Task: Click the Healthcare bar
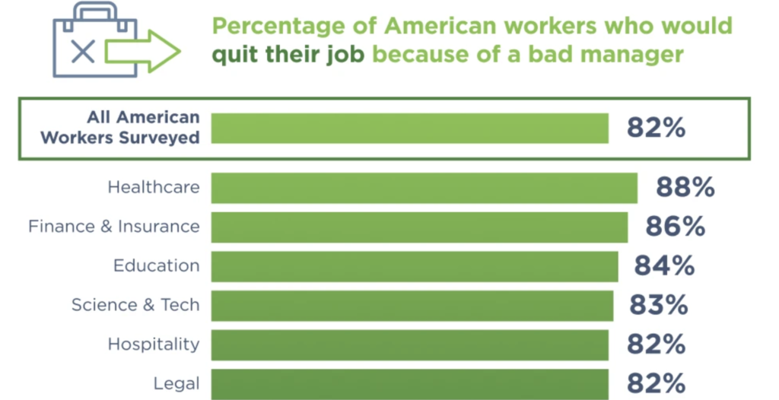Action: pyautogui.click(x=424, y=188)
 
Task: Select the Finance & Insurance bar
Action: pyautogui.click(x=419, y=227)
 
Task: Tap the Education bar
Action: pyautogui.click(x=415, y=266)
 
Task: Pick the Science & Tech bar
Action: pyautogui.click(x=412, y=306)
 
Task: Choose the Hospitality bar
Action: pyautogui.click(x=410, y=344)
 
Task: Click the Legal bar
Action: pyautogui.click(x=410, y=384)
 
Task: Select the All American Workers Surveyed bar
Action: pyautogui.click(x=410, y=129)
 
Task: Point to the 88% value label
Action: pyautogui.click(x=685, y=187)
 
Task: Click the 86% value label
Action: pyautogui.click(x=676, y=227)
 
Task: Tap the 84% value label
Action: pyautogui.click(x=665, y=266)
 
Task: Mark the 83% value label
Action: pyautogui.click(x=659, y=305)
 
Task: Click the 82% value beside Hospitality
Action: pyautogui.click(x=657, y=344)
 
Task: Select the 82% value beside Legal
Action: pyautogui.click(x=657, y=383)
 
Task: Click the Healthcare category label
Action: pyautogui.click(x=154, y=187)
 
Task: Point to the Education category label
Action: pyautogui.click(x=157, y=266)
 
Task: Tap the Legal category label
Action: pyautogui.click(x=176, y=384)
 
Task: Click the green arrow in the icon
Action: pyautogui.click(x=142, y=51)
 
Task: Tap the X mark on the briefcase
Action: pyautogui.click(x=83, y=51)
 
